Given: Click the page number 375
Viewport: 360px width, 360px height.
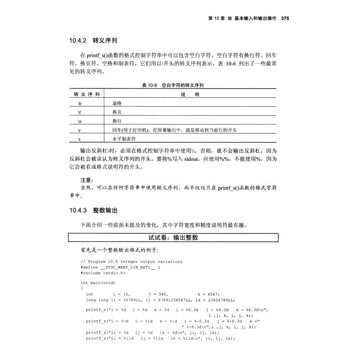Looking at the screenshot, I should coord(285,18).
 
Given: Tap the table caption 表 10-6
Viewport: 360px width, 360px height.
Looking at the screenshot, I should coord(150,85).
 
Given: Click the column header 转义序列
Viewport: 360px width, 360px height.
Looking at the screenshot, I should coord(87,94).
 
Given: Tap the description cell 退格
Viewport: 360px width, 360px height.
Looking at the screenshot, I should coord(117,103).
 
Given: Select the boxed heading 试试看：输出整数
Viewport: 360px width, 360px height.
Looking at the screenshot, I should coord(173,238).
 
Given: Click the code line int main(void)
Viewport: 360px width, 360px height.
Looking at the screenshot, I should coord(98,283).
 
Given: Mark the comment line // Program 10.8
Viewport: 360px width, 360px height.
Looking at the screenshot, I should coord(131,262).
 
